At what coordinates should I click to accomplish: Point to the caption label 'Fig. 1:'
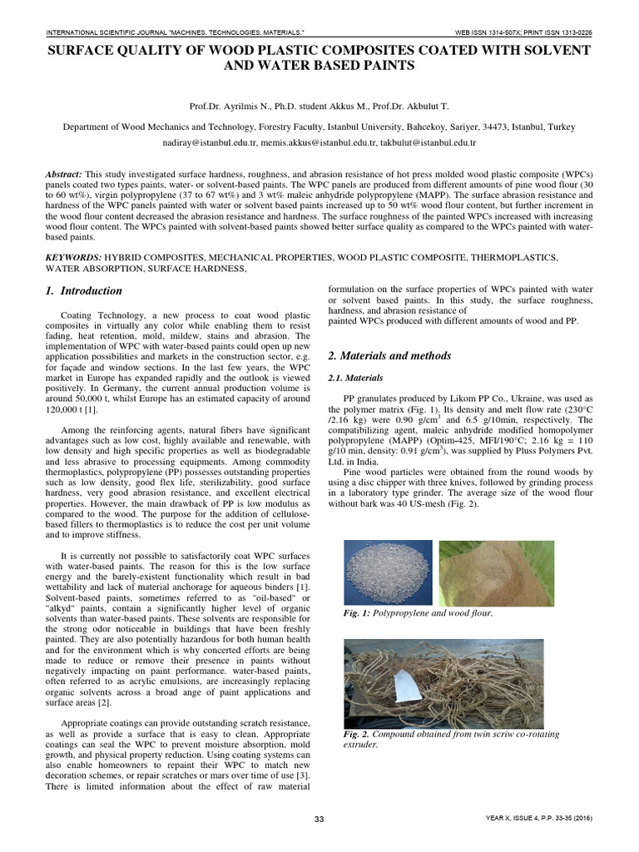(x=357, y=613)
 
